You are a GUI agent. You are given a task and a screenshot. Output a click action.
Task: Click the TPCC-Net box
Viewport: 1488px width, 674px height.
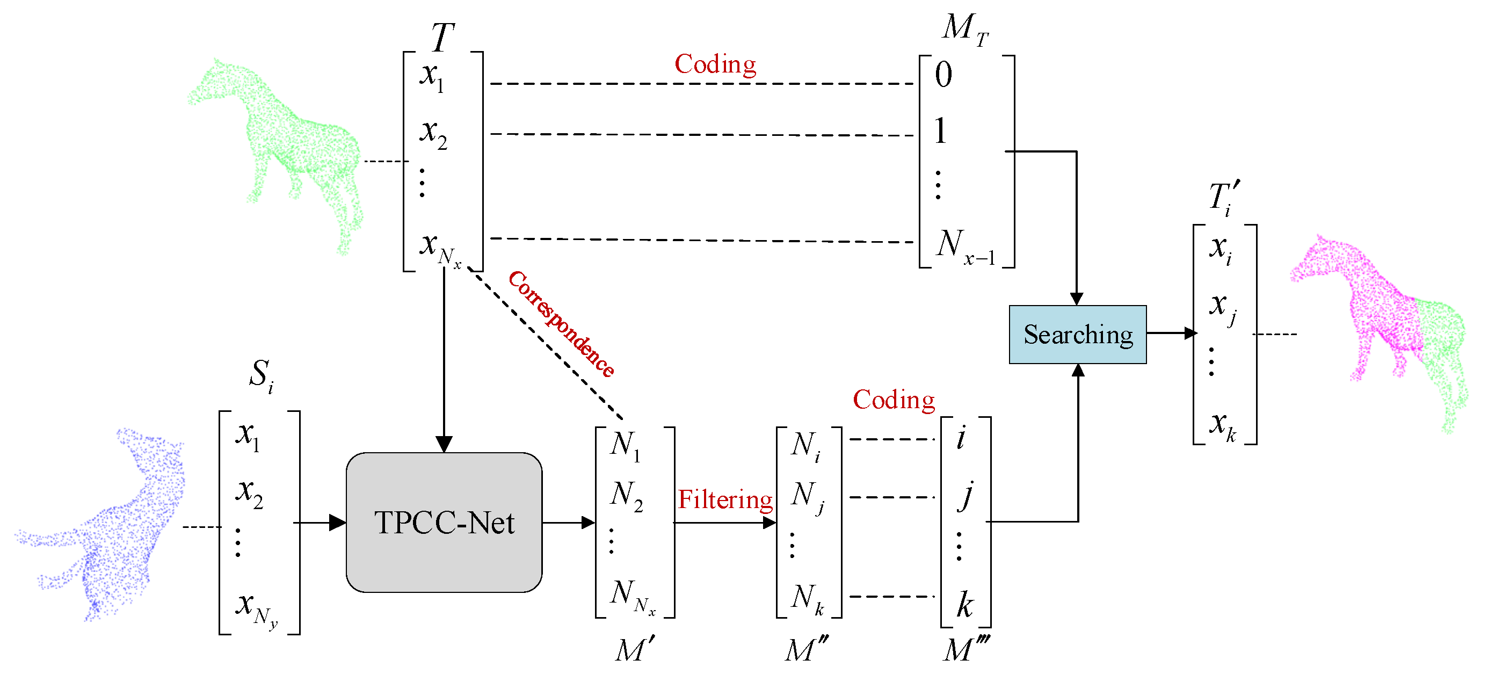click(444, 522)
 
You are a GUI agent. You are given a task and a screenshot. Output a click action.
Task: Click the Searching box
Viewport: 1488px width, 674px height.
click(1077, 335)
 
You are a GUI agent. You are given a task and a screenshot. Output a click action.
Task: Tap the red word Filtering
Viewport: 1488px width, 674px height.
click(725, 499)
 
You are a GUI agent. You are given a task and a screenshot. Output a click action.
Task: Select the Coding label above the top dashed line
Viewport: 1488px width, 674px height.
click(715, 64)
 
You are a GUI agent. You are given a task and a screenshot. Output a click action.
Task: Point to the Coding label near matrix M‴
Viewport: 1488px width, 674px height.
click(894, 400)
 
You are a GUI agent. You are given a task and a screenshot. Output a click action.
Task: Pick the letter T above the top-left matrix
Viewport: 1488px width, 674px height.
click(442, 37)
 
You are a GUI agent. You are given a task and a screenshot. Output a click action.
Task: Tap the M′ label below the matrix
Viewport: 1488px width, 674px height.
click(634, 650)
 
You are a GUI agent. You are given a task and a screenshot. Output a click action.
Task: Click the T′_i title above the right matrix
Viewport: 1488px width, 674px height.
click(1224, 198)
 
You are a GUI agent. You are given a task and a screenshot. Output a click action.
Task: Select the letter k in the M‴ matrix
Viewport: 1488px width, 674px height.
click(964, 605)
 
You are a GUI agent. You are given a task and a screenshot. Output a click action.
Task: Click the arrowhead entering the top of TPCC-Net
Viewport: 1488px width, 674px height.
click(444, 444)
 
